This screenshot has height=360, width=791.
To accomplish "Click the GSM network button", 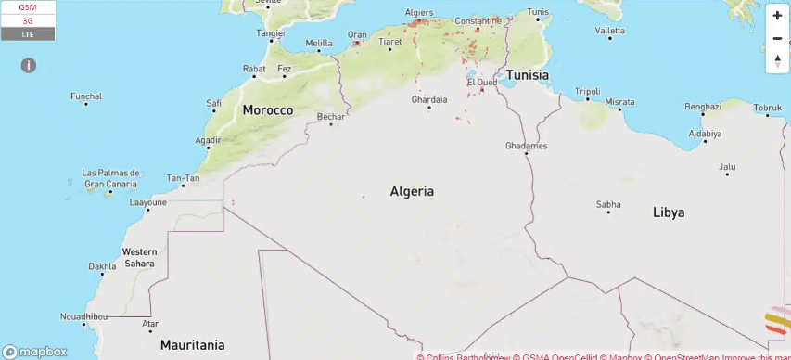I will pos(28,7).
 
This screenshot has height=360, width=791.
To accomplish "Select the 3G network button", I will pos(28,20).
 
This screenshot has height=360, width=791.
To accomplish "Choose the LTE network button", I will pos(28,33).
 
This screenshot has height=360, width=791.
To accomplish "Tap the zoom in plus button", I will pos(777,16).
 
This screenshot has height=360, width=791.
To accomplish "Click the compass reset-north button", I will pos(777,60).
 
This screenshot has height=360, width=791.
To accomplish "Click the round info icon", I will pos(29,65).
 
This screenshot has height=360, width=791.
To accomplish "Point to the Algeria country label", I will pos(412,191).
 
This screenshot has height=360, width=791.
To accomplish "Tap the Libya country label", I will pos(669,212).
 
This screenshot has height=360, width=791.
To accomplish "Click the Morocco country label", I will pos(268,110).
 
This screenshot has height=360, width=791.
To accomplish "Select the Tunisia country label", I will pos(527,75).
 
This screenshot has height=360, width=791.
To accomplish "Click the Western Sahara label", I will pos(140,257).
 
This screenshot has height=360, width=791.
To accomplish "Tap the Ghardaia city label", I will pos(429,99).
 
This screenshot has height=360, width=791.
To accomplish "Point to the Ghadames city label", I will pos(527,146).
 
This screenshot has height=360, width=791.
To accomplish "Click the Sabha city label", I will pos(608,204).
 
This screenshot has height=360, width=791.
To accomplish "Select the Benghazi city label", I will pos(702,107).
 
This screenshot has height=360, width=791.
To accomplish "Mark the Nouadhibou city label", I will pos(84,317).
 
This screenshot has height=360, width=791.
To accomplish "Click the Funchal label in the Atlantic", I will pos(86,96).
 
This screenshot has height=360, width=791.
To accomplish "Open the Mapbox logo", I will pos(37,352).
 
